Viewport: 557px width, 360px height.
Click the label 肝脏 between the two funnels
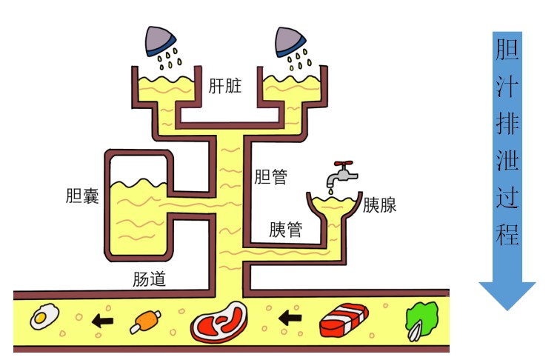click(x=225, y=86)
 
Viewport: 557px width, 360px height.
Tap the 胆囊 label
click(x=82, y=196)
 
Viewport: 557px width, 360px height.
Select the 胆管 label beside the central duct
click(x=270, y=176)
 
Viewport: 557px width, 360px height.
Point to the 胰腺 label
click(x=379, y=205)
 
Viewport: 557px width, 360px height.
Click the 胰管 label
click(x=286, y=230)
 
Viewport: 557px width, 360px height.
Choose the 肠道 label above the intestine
click(x=149, y=279)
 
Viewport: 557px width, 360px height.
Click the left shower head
click(x=159, y=41)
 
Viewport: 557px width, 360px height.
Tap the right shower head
click(x=290, y=41)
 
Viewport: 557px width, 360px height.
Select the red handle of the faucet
click(x=344, y=164)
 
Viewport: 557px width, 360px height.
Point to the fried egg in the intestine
click(x=44, y=316)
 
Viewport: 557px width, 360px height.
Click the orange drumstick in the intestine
click(x=145, y=321)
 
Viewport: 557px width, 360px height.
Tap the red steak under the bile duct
click(x=219, y=322)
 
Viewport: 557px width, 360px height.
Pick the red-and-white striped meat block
click(x=344, y=320)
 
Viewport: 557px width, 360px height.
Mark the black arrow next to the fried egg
click(x=102, y=321)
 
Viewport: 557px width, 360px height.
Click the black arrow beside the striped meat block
click(x=290, y=318)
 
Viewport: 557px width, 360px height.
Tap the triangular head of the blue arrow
click(x=507, y=296)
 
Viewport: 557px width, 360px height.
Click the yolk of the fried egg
click(x=40, y=317)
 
